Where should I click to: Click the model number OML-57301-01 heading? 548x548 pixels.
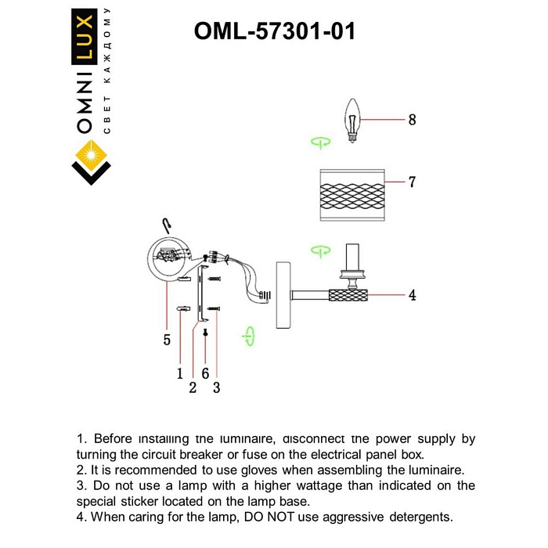coord(274,31)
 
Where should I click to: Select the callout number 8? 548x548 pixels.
coord(412,120)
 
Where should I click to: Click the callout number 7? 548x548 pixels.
coord(412,182)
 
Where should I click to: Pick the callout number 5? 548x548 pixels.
coord(167,340)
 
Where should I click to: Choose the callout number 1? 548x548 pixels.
coord(179,374)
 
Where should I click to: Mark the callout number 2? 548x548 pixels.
coord(193,388)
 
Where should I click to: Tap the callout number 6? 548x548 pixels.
coord(205,374)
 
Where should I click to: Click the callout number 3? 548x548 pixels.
coord(217,388)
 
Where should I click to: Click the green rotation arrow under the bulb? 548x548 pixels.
coord(319,142)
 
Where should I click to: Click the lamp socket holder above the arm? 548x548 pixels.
coord(353,264)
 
